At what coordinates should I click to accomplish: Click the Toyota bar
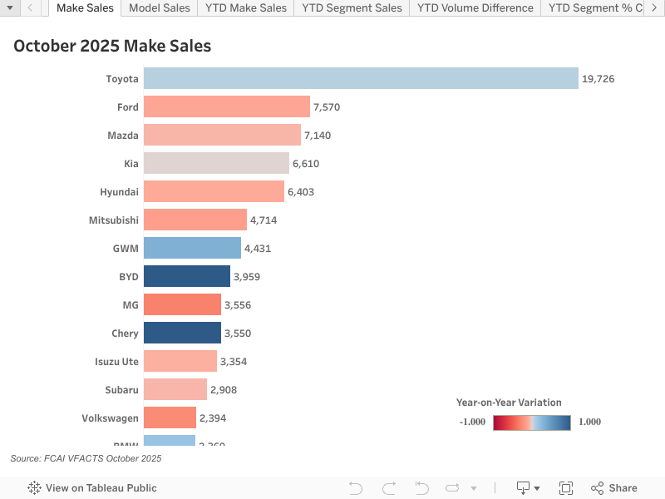361,78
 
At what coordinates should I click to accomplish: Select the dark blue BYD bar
187,276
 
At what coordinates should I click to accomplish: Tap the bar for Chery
182,333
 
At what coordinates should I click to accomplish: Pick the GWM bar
192,248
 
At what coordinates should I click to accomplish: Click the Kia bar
216,163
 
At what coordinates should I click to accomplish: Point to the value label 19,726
598,79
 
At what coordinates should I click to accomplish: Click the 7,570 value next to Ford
327,107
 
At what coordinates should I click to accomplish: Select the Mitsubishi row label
113,220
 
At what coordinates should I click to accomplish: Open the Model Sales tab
160,8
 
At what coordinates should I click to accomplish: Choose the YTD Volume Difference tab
475,8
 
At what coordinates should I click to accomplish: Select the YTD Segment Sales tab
352,8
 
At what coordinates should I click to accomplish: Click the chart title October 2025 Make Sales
112,46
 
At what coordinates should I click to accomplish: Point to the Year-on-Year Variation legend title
509,403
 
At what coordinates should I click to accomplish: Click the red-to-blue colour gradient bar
531,422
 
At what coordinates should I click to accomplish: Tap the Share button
614,488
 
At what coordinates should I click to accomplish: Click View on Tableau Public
92,488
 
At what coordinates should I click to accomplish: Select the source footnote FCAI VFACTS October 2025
86,458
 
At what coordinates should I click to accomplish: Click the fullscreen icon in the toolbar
566,488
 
